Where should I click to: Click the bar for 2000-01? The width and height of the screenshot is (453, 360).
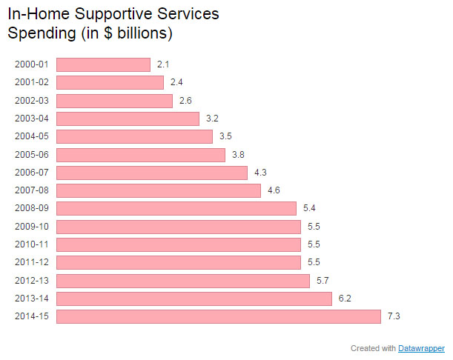pyautogui.click(x=103, y=64)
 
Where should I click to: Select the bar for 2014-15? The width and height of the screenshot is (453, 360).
pyautogui.click(x=218, y=316)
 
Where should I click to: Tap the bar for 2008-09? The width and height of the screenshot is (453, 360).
pyautogui.click(x=176, y=208)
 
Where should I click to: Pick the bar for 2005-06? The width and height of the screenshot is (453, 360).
pyautogui.click(x=140, y=154)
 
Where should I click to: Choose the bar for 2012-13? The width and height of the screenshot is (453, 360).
pyautogui.click(x=182, y=281)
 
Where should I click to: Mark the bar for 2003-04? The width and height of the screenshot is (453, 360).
pyautogui.click(x=128, y=119)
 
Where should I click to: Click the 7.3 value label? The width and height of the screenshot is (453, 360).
pyautogui.click(x=394, y=316)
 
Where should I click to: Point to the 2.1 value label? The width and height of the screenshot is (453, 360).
pyautogui.click(x=163, y=64)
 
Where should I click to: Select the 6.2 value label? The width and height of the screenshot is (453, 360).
pyautogui.click(x=345, y=299)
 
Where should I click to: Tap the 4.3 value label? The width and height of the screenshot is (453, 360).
pyautogui.click(x=260, y=173)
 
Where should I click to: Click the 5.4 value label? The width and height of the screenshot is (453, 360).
pyautogui.click(x=309, y=208)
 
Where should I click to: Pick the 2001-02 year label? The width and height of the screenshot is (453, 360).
pyautogui.click(x=31, y=82)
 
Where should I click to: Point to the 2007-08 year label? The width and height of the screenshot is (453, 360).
pyautogui.click(x=31, y=190)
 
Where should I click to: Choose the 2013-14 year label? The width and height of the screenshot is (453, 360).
pyautogui.click(x=31, y=299)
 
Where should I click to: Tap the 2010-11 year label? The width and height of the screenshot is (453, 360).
pyautogui.click(x=31, y=244)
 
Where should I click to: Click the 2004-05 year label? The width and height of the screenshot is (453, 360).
pyautogui.click(x=31, y=136)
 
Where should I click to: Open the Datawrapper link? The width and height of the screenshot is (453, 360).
pyautogui.click(x=421, y=348)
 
